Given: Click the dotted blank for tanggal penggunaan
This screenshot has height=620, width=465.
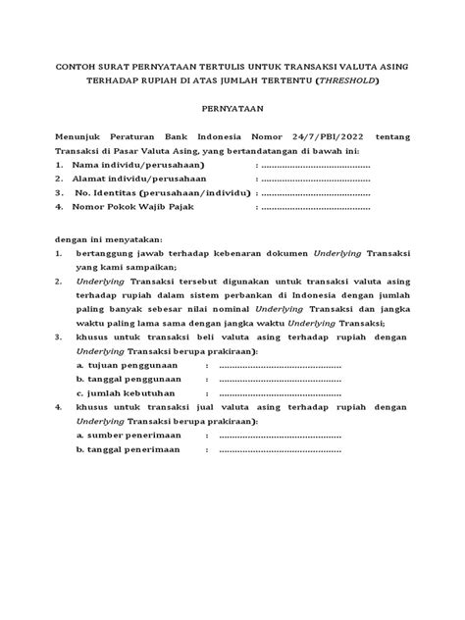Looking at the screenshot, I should point(279,379).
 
